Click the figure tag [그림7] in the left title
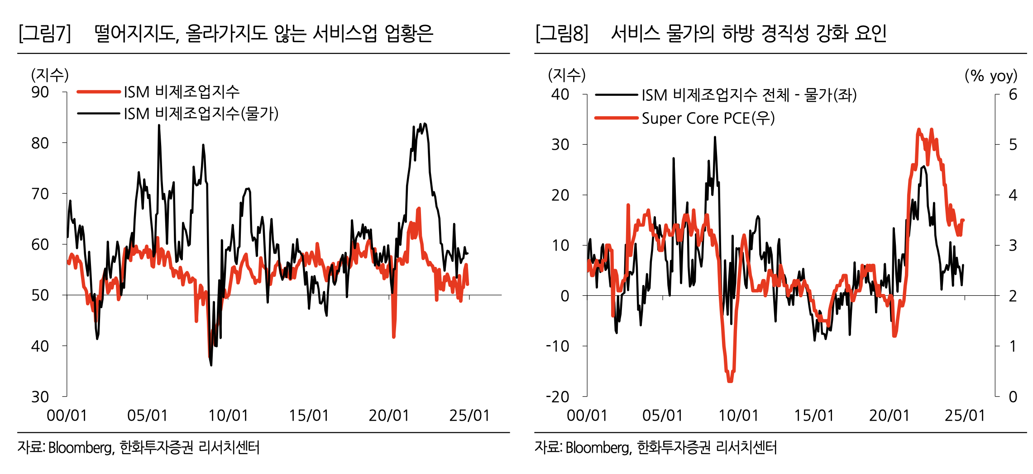coord(44,33)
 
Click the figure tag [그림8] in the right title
coord(562,33)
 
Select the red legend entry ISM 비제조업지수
coord(182,92)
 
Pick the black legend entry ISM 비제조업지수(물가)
coord(201,114)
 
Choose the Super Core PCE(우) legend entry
coord(708,118)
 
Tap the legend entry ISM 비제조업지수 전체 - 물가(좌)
coord(749,95)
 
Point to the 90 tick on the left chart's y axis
coord(40,92)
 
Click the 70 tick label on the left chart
coord(40,194)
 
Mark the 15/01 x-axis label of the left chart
coord(309,415)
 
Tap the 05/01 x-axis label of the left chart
coord(147,415)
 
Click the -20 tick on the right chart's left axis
coord(557,397)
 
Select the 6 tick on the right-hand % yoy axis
coord(1013,95)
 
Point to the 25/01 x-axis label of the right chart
coord(965,415)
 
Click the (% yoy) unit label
coord(991,75)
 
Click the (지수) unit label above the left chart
coord(50,75)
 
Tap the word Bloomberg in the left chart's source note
coord(80,447)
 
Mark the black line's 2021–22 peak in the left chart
coord(424,123)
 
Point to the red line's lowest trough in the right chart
coord(730,381)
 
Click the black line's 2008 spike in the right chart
coord(715,137)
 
